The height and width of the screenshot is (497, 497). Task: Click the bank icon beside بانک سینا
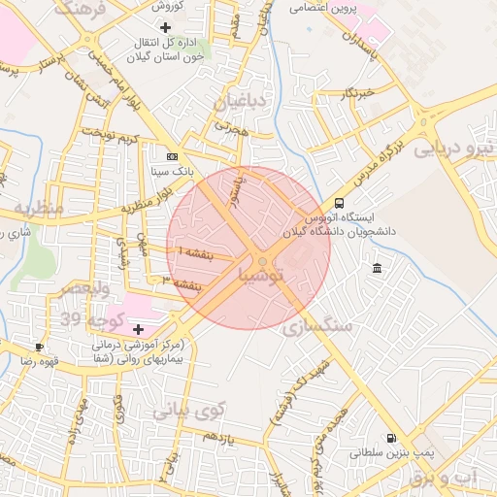click(x=173, y=156)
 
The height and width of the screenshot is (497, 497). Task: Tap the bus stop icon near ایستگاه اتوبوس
click(x=339, y=203)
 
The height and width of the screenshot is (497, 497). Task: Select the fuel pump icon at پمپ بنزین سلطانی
click(x=391, y=439)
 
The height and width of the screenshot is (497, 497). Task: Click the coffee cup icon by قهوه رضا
click(x=39, y=347)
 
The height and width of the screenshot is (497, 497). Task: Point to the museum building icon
click(x=377, y=268)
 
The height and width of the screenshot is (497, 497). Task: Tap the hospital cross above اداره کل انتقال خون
click(x=165, y=27)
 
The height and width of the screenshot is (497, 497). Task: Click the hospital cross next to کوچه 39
click(x=138, y=329)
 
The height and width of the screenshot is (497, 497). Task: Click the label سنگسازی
click(x=316, y=328)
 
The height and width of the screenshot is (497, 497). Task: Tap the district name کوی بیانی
click(x=187, y=410)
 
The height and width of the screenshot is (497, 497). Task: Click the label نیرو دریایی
click(x=454, y=150)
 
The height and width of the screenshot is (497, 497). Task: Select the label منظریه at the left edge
click(x=37, y=209)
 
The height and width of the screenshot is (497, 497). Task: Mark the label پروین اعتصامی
click(x=324, y=8)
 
